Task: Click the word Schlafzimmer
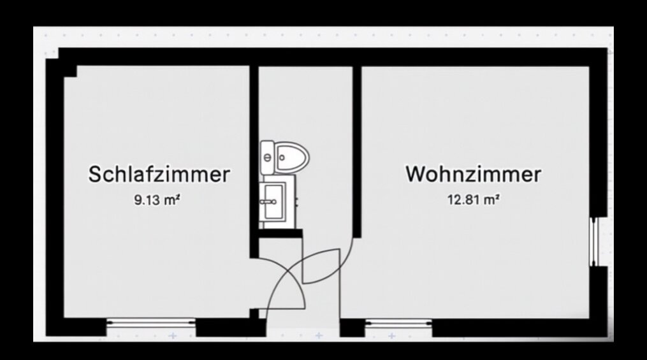coord(159,174)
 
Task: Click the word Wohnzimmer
coord(473,174)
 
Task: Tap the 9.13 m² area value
coord(157,200)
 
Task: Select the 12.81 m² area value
coord(473,200)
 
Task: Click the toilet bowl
coord(292,157)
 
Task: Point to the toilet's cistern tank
coord(267,157)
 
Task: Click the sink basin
coord(274,202)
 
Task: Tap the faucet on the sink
coord(267,201)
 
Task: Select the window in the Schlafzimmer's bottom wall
coord(151,323)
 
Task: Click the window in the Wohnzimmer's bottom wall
coord(398,323)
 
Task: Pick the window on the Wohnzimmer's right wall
coord(593,241)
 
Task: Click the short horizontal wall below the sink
coord(280,234)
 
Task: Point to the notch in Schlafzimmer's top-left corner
coord(70,71)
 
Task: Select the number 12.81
coord(464,200)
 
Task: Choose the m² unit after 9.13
coord(172,200)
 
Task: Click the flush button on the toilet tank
coord(267,157)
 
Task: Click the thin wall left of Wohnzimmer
coord(357,152)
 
